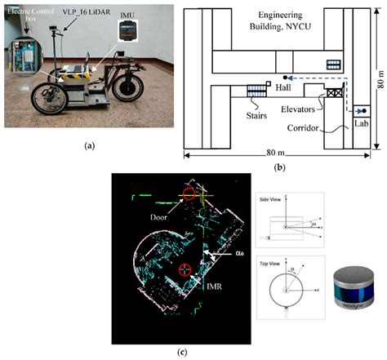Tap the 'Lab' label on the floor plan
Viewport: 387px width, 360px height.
coord(361,125)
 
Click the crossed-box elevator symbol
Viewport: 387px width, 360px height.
coord(334,95)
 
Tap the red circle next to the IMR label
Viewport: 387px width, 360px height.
coord(185,269)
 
